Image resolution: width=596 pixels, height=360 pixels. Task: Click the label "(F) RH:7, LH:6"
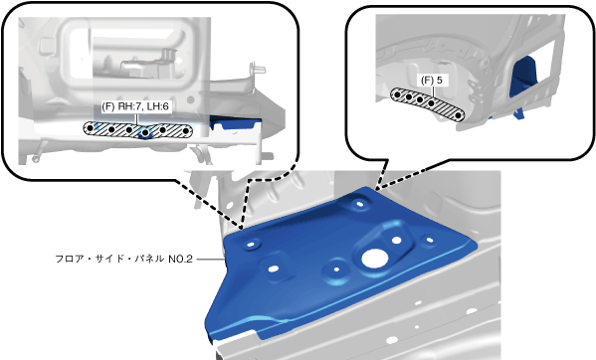(x=135, y=106)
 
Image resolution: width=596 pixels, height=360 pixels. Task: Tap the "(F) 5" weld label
(x=432, y=81)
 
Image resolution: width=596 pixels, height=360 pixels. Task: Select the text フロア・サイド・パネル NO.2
(x=124, y=259)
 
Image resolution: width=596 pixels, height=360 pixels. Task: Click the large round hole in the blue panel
(x=375, y=259)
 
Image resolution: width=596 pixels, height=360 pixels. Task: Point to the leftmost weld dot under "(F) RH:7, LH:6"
(x=90, y=128)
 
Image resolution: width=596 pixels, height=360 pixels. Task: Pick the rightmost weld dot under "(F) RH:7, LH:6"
(x=186, y=131)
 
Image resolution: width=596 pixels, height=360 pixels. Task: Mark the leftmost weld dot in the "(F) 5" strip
(x=397, y=94)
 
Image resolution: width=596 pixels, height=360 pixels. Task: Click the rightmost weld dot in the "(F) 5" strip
(x=459, y=115)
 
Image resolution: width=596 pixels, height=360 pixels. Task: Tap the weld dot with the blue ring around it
(x=145, y=132)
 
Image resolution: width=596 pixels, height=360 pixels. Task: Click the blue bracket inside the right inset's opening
(x=525, y=78)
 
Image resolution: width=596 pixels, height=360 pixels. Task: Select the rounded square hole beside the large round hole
(x=397, y=240)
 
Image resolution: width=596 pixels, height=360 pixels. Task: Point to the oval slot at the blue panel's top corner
(x=359, y=204)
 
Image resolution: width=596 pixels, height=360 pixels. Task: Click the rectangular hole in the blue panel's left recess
(x=273, y=270)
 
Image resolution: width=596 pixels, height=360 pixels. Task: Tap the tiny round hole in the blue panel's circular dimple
(x=336, y=270)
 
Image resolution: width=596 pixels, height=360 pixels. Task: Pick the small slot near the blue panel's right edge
(x=430, y=240)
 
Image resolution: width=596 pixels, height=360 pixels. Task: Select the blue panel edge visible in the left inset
(x=235, y=123)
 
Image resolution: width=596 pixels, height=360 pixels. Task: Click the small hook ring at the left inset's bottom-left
(x=36, y=158)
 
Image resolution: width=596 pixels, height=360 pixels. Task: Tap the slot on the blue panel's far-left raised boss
(x=251, y=245)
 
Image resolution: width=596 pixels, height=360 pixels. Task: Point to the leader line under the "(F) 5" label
(x=433, y=92)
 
